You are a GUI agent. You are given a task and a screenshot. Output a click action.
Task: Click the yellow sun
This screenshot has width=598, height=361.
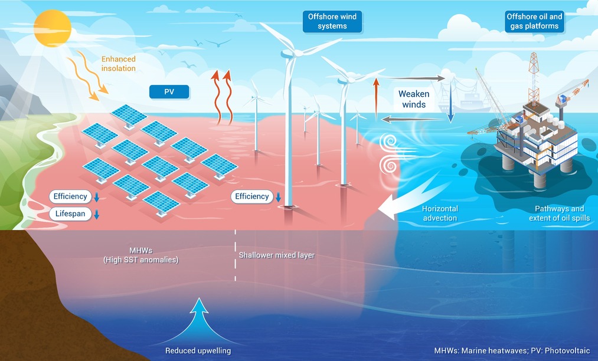[x=53, y=28]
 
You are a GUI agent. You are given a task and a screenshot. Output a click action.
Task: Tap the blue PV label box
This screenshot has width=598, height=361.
[x=169, y=92]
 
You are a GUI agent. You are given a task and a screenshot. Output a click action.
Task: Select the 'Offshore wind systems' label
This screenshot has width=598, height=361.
[x=332, y=21]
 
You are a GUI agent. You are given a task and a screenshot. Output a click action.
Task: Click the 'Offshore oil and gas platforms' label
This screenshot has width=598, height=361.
[x=534, y=21]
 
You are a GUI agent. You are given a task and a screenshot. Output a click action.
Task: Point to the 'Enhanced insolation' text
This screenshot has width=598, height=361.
[x=118, y=64]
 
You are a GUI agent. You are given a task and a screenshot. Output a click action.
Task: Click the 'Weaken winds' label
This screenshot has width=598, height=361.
[x=414, y=99]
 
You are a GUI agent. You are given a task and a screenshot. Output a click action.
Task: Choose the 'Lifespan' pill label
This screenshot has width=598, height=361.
[x=70, y=214]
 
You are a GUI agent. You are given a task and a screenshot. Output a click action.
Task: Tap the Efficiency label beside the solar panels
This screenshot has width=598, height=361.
[x=70, y=196]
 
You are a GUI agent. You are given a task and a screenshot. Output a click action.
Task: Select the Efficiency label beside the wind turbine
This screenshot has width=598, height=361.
[x=251, y=196]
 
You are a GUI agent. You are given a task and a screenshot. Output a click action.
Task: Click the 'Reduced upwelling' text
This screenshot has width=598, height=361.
[x=198, y=351]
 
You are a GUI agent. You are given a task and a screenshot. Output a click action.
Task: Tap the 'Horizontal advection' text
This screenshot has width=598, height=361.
[x=440, y=213]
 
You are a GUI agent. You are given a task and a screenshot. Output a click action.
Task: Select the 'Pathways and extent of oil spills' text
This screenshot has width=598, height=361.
[x=559, y=213]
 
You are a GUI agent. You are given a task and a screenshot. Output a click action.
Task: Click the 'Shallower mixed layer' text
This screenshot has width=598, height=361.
[x=276, y=255]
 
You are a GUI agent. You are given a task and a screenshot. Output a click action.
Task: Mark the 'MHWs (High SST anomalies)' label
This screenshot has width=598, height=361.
[x=140, y=255]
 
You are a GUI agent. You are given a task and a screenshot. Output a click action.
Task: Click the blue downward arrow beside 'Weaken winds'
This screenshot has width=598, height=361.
[x=450, y=101]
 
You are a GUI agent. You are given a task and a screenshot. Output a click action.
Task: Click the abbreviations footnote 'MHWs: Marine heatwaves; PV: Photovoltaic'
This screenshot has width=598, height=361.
[x=512, y=351]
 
